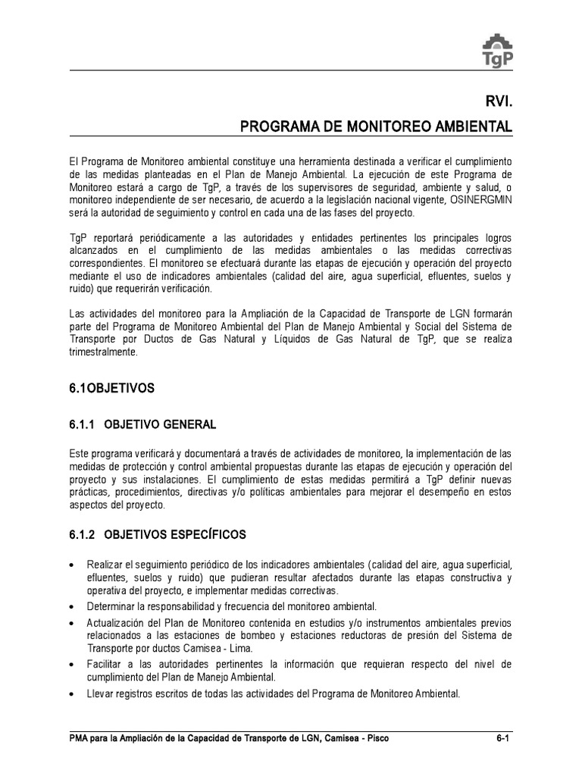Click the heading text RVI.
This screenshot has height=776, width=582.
pos(499,101)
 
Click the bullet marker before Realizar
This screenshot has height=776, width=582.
pos(71,567)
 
